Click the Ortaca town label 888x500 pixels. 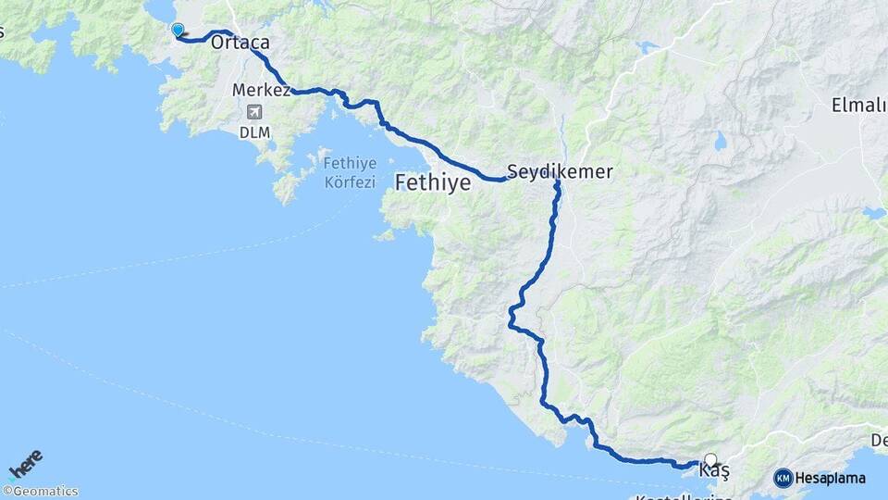click(240, 43)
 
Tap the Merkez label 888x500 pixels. click(262, 91)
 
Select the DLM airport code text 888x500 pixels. click(254, 132)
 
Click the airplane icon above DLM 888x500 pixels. click(254, 113)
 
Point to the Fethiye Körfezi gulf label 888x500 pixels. click(350, 172)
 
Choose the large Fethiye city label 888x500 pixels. click(433, 183)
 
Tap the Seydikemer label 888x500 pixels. click(560, 172)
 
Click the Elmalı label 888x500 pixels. click(857, 105)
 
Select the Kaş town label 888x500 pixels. click(714, 472)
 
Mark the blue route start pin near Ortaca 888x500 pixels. click(179, 31)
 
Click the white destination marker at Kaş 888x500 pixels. click(710, 459)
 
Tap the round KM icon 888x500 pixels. click(783, 478)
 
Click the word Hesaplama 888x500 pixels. click(831, 479)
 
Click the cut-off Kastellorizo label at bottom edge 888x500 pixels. click(684, 497)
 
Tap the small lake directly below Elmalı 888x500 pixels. click(873, 214)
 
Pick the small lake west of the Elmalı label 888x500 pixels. click(719, 141)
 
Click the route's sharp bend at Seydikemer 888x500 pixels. click(557, 183)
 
